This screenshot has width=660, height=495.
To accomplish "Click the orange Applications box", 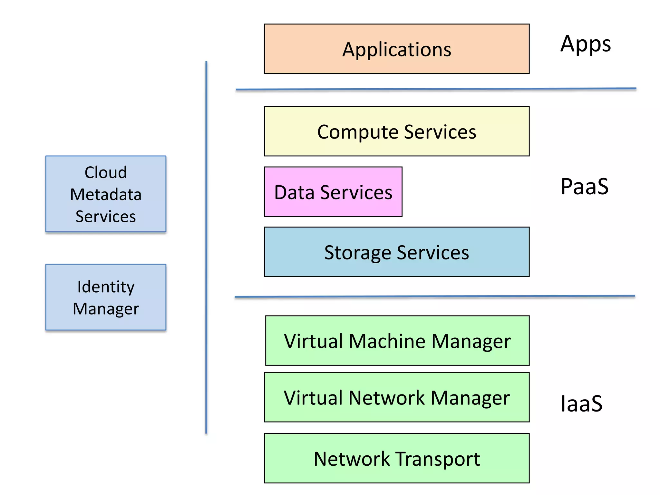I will point(396,49).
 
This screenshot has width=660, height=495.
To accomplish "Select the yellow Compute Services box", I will point(396,131).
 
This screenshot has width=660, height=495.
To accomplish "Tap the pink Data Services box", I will point(333,192).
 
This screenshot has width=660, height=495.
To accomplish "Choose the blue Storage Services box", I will point(396,252).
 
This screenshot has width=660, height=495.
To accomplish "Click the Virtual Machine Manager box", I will point(397,341).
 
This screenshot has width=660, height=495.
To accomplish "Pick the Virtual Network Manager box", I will point(396,397).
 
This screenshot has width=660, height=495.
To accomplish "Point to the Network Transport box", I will point(396,458).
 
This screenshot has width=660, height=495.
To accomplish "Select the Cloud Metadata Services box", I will point(106,194).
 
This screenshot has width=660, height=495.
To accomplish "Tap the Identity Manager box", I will point(106,297).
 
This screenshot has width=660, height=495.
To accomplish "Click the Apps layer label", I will point(585,44).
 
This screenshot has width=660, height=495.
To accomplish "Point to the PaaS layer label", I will point(584,187).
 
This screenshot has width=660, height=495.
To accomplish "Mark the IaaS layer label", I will point(581,403).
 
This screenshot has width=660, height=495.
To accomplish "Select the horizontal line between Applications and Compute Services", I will point(436,89).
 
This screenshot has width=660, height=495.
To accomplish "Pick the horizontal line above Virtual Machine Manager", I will point(434,296).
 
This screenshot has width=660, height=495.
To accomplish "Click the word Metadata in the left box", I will point(106,194).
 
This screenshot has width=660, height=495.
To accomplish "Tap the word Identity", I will point(106,287).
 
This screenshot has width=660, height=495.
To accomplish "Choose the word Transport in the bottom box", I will point(438,459).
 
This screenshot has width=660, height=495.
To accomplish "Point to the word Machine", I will point(387,341).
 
